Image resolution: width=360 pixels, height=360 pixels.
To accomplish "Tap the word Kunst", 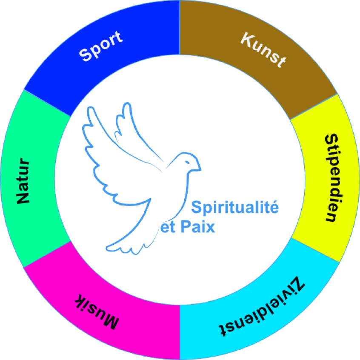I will [x=263, y=49].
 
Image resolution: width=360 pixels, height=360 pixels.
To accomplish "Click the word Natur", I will [x=23, y=181].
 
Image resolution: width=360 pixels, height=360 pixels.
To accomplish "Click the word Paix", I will [x=197, y=227].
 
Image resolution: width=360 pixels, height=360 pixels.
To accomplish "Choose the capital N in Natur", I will [x=23, y=197].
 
